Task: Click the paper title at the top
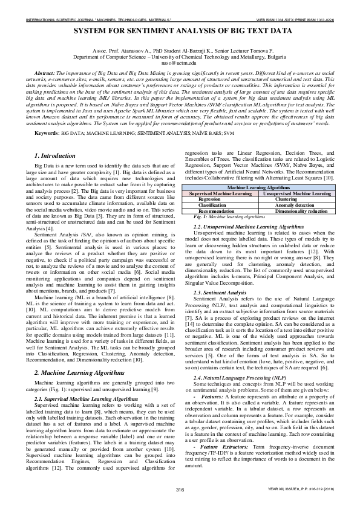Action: pos(180,30)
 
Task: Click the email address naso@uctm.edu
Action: pos(179,62)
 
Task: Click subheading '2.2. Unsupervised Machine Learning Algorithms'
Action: pos(248,227)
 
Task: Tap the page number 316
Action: pos(180,488)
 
